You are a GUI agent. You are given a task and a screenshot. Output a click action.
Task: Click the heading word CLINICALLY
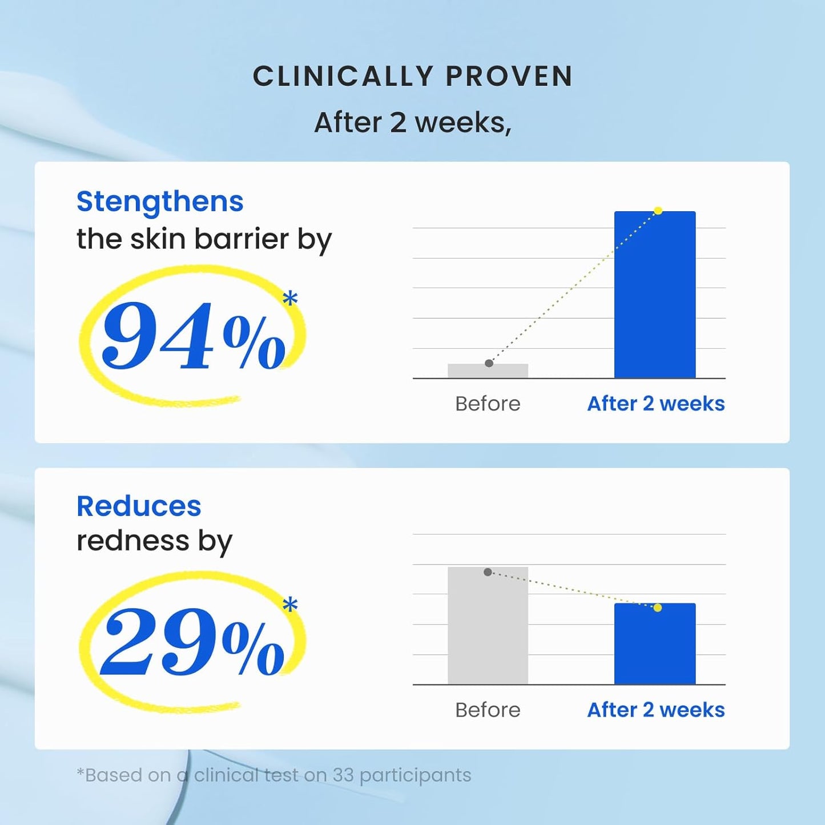point(344,77)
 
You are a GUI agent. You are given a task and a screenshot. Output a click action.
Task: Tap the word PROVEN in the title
point(509,77)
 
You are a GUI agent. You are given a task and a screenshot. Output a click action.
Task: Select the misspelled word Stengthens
point(160,202)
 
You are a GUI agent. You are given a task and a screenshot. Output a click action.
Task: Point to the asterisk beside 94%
point(290,299)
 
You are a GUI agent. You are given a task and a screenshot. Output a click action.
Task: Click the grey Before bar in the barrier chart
point(488,371)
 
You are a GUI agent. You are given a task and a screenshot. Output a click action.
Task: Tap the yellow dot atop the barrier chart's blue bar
point(658,211)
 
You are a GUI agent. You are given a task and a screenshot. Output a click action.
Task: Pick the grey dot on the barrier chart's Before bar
point(489,363)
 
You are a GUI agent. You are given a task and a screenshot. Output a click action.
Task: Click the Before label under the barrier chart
point(488,404)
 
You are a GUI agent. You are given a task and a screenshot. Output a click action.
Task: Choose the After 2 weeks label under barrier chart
point(655,404)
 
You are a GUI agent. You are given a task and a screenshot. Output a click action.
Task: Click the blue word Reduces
point(139,506)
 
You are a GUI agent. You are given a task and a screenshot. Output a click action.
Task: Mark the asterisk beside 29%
point(290,605)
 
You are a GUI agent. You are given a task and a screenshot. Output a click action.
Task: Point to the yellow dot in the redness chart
point(658,607)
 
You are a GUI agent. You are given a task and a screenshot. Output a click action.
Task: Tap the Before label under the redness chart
point(488,710)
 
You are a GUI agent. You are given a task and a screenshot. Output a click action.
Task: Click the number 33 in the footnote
point(343,775)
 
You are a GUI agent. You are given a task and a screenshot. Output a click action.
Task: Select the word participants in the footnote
point(415,775)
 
